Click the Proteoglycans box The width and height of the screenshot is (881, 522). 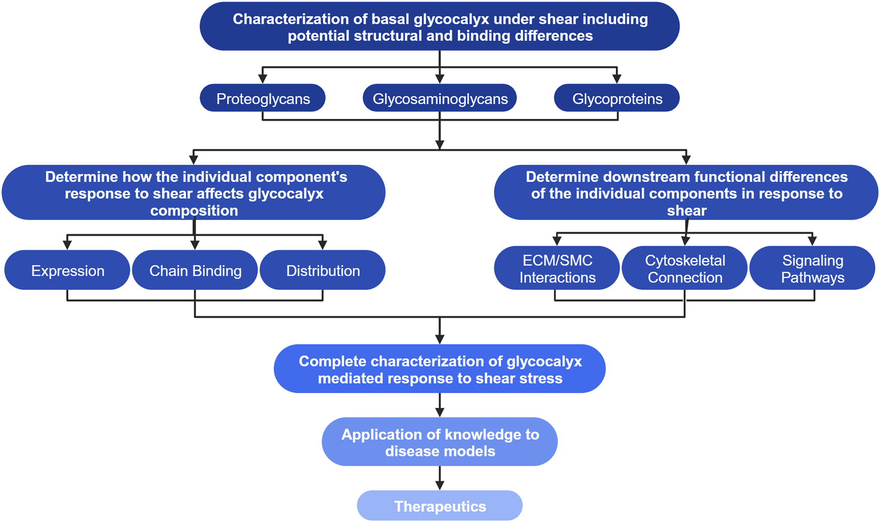click(263, 98)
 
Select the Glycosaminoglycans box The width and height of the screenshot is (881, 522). click(439, 98)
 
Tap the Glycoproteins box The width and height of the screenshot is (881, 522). click(617, 98)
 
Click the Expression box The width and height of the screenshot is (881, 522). click(68, 271)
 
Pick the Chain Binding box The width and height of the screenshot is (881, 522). click(195, 271)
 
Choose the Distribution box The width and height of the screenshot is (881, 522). click(323, 271)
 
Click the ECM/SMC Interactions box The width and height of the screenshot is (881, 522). click(557, 269)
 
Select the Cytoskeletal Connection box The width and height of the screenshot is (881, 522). click(684, 269)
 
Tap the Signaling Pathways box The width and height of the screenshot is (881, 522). click(812, 269)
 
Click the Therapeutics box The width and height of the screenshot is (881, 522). click(439, 506)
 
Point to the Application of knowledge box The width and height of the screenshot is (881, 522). click(439, 442)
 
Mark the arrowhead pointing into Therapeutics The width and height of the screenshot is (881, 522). click(439, 485)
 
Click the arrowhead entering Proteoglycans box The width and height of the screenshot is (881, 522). click(263, 79)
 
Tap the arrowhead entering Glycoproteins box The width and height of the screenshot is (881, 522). click(617, 79)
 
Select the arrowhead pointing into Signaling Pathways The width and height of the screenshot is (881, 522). click(812, 241)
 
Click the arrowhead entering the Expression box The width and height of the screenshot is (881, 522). click(67, 244)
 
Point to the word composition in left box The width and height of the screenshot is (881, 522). click(194, 211)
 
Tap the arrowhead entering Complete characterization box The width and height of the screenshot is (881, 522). click(439, 339)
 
